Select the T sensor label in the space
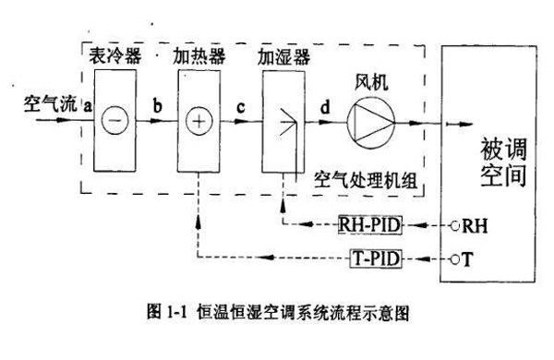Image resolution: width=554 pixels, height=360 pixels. pos(467,259)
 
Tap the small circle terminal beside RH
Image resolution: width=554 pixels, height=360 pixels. pos(455,225)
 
